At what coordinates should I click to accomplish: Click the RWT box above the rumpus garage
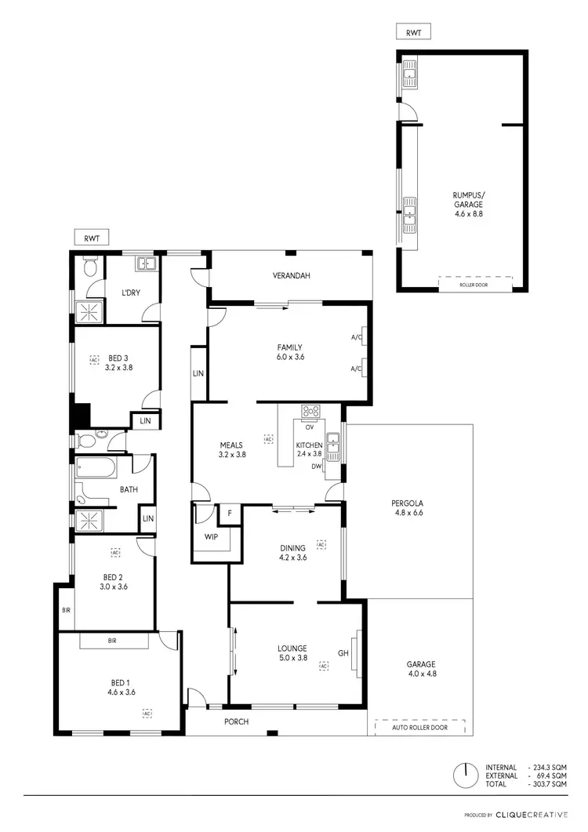pos(414,32)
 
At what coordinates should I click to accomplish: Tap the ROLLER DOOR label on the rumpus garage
pos(475,285)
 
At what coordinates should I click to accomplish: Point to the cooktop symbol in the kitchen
pos(310,411)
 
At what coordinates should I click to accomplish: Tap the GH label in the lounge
pos(343,652)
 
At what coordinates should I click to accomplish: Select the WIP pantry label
pos(211,537)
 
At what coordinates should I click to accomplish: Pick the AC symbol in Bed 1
pos(147,713)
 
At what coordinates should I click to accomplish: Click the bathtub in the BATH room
pos(96,469)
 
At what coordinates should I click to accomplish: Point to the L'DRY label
pos(130,292)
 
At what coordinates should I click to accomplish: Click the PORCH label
pos(236,721)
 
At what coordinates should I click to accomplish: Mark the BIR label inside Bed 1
pos(114,641)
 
